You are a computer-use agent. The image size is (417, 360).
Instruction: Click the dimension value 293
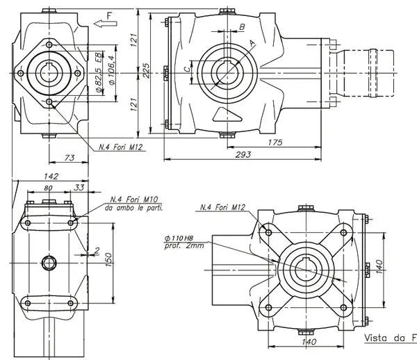click(x=242, y=154)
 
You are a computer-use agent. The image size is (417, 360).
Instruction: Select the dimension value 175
click(x=274, y=142)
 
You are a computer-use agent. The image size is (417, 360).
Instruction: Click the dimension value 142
click(x=50, y=177)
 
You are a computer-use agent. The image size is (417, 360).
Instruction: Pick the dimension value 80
click(x=48, y=188)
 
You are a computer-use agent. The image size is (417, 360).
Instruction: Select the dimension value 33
click(x=79, y=188)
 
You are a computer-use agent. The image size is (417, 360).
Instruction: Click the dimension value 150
click(x=107, y=259)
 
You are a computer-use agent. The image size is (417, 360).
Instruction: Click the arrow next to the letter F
click(x=105, y=24)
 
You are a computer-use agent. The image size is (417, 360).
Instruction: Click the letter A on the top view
click(x=252, y=42)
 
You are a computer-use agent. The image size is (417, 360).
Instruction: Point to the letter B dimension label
click(x=242, y=27)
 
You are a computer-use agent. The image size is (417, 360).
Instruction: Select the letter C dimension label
click(x=186, y=69)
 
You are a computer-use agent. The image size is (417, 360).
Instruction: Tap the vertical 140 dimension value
click(x=379, y=266)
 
